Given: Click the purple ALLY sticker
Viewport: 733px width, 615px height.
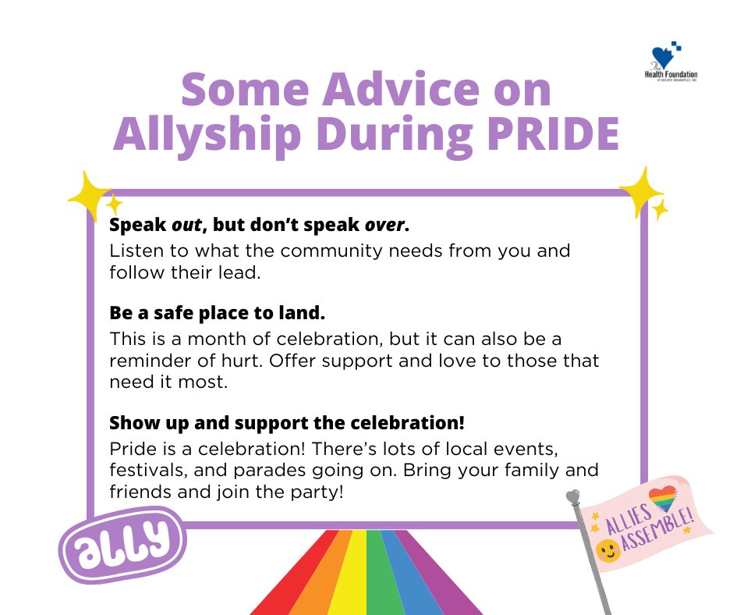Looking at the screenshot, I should click(x=123, y=542).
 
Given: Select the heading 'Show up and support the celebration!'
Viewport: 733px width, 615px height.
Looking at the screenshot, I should click(x=287, y=423).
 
